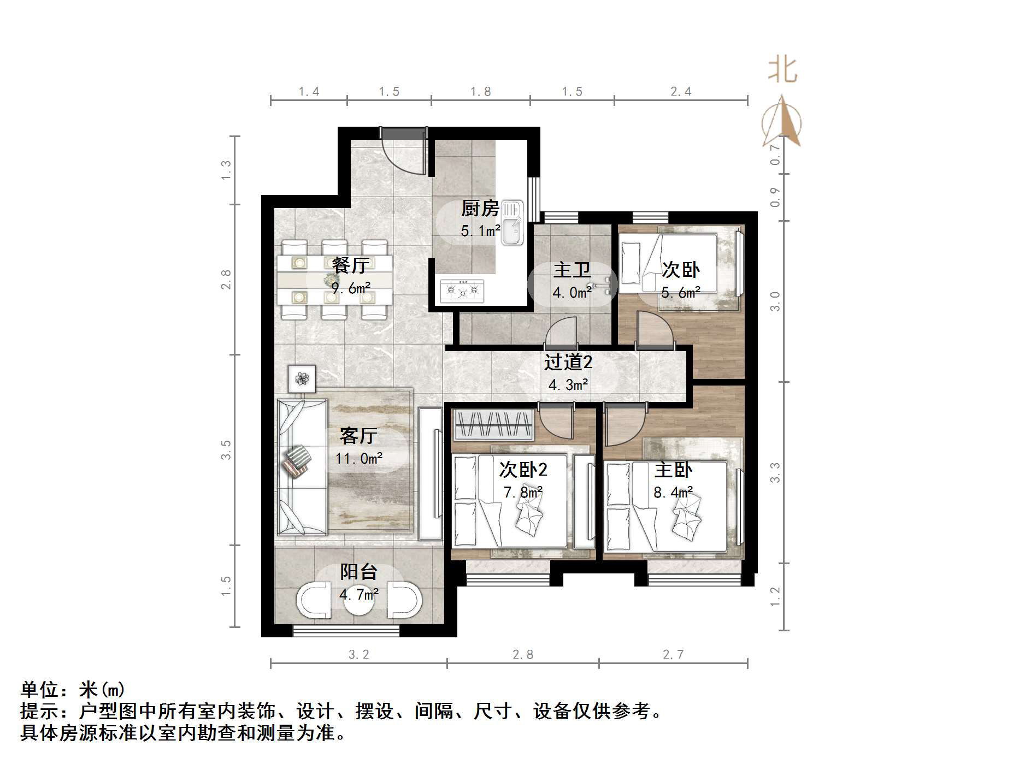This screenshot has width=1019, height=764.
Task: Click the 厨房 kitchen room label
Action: click(480, 208)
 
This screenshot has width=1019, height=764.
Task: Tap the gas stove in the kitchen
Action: click(462, 291)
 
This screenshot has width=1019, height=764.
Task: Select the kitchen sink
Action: click(512, 222)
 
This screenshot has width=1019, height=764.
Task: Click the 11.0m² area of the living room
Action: click(358, 458)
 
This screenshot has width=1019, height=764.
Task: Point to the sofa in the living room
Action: click(302, 466)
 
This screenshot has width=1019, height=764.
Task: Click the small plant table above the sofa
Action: click(302, 378)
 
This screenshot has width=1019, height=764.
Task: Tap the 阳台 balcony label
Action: click(358, 572)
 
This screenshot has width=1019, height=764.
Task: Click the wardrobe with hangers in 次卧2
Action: click(493, 424)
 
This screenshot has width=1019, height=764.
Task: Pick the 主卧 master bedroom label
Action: click(673, 470)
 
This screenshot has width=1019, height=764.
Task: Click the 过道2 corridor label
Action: click(568, 362)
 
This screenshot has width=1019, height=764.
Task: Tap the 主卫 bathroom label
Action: click(572, 270)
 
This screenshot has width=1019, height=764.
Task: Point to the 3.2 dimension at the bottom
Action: click(358, 654)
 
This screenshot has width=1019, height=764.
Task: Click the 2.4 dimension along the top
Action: click(681, 92)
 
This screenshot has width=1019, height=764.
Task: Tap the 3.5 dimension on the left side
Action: click(226, 450)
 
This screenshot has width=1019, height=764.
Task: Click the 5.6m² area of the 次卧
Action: click(681, 293)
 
